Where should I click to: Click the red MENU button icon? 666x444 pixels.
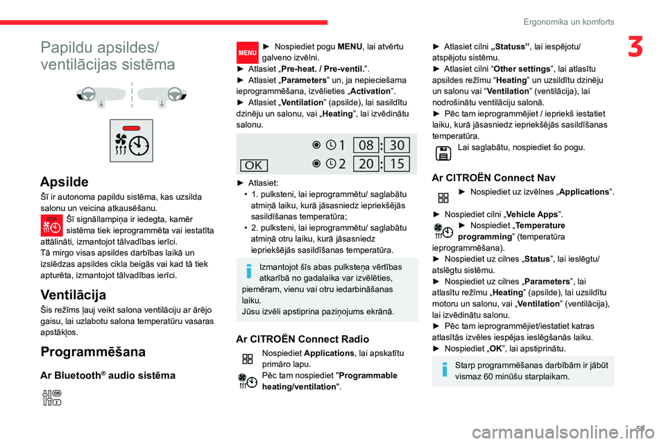point(246,51)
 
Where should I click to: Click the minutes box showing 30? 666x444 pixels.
point(396,145)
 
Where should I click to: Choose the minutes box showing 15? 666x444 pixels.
point(396,164)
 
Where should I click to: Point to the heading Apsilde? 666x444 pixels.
point(65,182)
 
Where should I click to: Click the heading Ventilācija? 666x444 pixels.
point(74,294)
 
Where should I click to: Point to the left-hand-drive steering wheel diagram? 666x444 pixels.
point(101,95)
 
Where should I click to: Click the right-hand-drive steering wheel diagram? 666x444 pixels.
point(158,95)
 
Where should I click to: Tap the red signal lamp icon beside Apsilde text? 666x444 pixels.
point(51,224)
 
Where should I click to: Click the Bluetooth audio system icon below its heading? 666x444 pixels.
point(52,398)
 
